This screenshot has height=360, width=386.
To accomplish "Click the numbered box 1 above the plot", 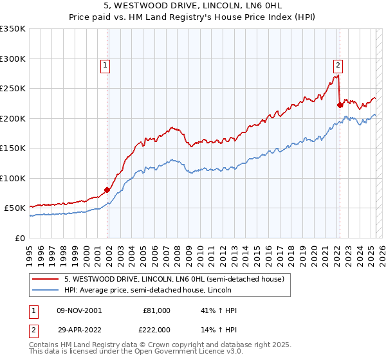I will coord(104,64).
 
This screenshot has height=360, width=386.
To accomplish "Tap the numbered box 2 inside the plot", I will coord(338,64).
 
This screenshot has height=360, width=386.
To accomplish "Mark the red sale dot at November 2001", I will coord(107,190).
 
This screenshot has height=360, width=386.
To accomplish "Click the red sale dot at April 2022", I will coord(339,105).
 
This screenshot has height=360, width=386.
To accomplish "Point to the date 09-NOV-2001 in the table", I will coord(79,310).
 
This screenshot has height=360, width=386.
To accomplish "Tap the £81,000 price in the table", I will coord(156,310).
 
